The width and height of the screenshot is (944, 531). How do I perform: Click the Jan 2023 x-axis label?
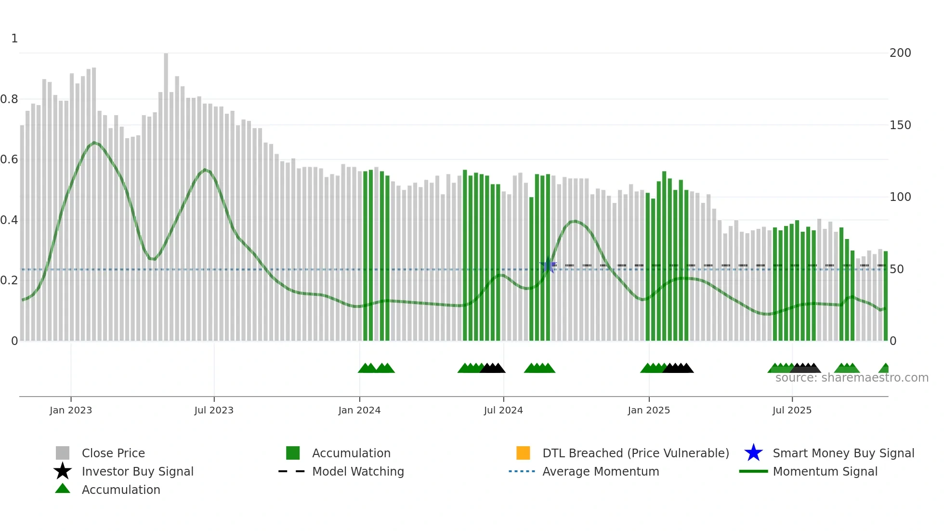pos(71,410)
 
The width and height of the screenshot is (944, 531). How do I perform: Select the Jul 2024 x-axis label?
pos(503,410)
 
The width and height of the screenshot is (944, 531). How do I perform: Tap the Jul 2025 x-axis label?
pos(792,410)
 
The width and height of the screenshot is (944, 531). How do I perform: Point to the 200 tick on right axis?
pos(900,53)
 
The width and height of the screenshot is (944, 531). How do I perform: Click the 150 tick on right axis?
pos(900,125)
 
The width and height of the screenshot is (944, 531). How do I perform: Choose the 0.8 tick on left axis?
pos(9,99)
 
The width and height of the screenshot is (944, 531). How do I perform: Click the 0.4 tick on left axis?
pos(9,220)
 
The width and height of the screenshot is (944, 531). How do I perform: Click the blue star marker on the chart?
pos(548,265)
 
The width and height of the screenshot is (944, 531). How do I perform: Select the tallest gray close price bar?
pos(166,193)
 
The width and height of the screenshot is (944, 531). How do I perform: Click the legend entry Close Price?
pos(113,453)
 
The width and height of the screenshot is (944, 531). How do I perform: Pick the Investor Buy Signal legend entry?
pos(137,471)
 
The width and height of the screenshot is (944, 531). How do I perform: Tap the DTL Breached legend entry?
pos(635,453)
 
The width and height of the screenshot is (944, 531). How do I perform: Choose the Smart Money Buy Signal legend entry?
pos(843,453)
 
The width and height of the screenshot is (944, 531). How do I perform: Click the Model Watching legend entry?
pos(358,471)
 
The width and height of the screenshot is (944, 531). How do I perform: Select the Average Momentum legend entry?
pos(600,471)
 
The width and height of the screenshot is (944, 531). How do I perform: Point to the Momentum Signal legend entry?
pos(825,471)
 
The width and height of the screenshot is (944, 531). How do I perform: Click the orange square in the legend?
pos(523,453)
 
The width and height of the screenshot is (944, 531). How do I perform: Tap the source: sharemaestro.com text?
pos(852,378)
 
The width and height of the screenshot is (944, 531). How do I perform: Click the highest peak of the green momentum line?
pos(94,143)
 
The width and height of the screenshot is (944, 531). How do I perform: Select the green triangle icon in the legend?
pos(63,489)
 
